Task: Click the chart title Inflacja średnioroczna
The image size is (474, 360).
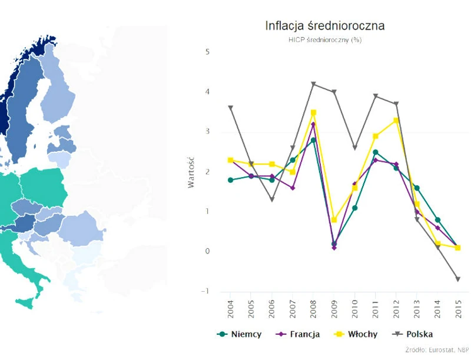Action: click(x=324, y=26)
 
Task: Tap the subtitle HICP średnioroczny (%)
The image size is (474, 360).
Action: click(x=324, y=39)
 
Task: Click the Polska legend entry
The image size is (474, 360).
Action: click(x=417, y=334)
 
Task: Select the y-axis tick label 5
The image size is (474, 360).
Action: click(x=207, y=52)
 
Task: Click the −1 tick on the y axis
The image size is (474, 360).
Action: click(x=205, y=291)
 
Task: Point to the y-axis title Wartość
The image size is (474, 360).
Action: click(x=191, y=172)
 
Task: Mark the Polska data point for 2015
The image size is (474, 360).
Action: click(x=457, y=279)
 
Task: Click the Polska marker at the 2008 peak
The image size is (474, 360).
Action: click(x=314, y=84)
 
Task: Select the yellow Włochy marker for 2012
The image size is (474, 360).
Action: click(x=396, y=120)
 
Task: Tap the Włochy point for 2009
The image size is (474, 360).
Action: click(x=334, y=220)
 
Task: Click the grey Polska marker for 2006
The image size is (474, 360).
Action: click(x=272, y=199)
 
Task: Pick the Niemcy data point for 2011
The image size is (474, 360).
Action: click(x=376, y=152)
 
